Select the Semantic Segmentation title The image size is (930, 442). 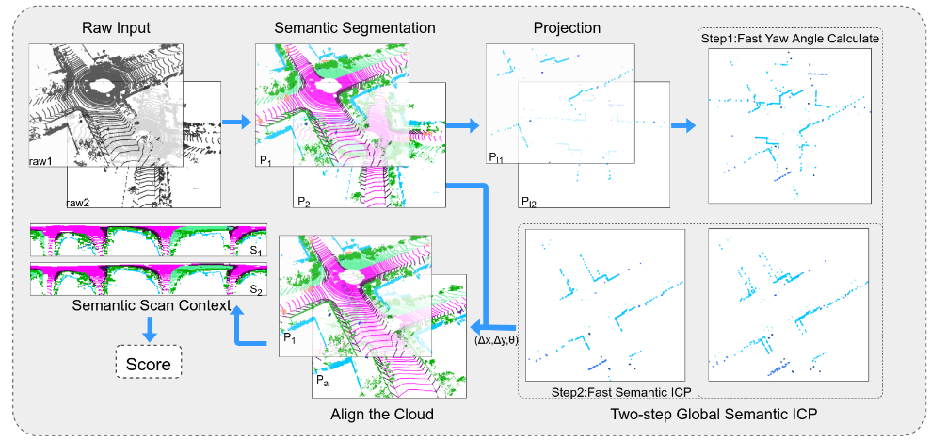(x=354, y=28)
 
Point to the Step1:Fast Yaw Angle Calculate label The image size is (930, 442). (x=789, y=39)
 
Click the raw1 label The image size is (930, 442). (x=40, y=163)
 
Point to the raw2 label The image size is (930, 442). (x=79, y=202)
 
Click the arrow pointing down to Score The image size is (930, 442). (x=148, y=329)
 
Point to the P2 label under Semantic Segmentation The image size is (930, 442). (x=303, y=202)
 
